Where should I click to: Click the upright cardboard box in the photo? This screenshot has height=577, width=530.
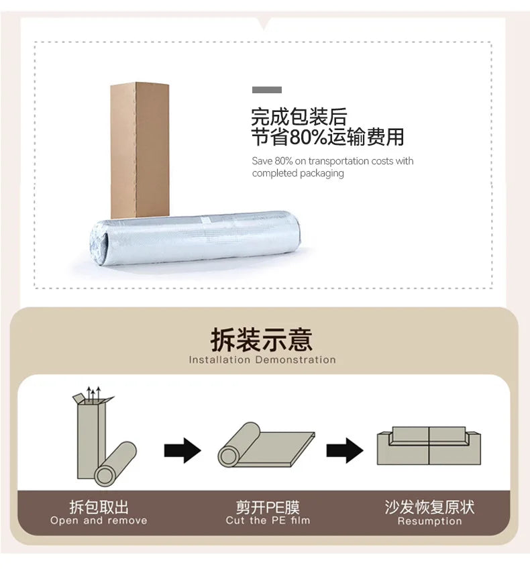[140, 149]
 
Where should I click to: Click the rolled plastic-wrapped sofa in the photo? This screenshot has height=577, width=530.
[201, 239]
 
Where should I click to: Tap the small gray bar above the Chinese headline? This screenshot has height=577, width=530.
[267, 90]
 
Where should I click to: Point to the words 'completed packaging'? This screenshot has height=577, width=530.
[298, 173]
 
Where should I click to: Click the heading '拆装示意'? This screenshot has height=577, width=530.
[262, 339]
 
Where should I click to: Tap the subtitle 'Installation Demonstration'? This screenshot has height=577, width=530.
[262, 360]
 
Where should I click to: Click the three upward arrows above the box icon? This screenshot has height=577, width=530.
[92, 392]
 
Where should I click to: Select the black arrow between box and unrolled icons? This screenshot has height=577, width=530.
[182, 450]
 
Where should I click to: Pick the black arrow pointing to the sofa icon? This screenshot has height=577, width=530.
[345, 450]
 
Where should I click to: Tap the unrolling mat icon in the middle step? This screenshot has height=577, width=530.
[265, 445]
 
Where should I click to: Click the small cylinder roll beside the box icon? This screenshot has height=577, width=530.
[115, 464]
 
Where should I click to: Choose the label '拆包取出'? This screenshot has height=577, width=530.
[99, 507]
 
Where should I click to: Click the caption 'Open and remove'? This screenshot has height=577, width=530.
[99, 521]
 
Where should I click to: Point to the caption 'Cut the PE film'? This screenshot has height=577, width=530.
[267, 521]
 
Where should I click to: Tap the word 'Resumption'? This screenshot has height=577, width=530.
[429, 521]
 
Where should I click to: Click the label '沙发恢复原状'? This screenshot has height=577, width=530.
[429, 507]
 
